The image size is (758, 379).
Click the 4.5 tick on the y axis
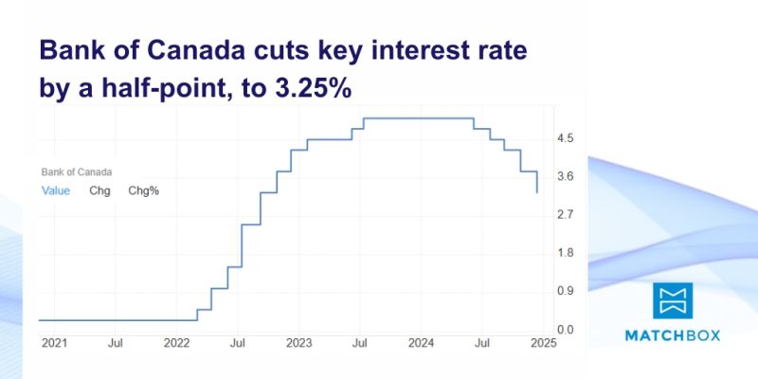coord(566,138)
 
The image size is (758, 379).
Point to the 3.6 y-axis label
coord(566,176)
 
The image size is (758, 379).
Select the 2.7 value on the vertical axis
coord(566,215)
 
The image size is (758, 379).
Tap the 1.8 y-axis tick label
coord(566,253)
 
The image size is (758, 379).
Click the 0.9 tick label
coord(566,292)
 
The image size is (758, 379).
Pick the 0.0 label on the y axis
coord(566,330)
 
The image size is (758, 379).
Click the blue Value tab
coord(56,190)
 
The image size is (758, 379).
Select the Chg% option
coord(144,190)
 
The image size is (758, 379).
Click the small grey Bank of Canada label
coord(77,172)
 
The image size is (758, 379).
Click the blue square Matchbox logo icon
coord(673,299)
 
